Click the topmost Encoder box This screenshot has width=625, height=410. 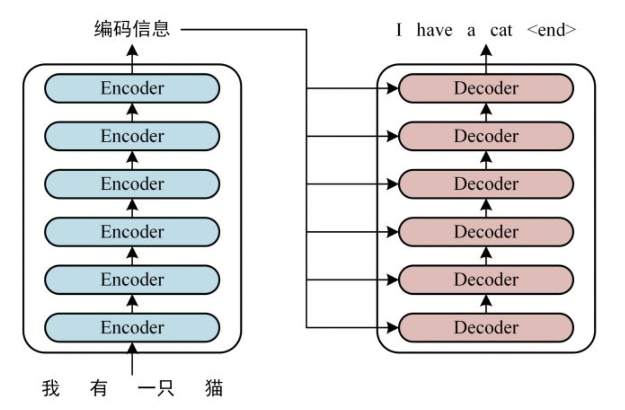tap(132, 88)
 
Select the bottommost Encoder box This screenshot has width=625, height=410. tap(132, 327)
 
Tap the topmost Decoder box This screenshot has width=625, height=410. tap(486, 88)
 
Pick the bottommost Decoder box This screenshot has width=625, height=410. tap(486, 327)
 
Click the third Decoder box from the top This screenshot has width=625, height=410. tap(486, 184)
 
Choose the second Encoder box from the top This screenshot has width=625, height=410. tap(132, 136)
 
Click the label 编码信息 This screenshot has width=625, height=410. tap(132, 29)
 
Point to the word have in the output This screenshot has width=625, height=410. tap(434, 30)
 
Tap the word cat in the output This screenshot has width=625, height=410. tap(501, 31)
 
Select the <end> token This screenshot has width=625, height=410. tap(551, 30)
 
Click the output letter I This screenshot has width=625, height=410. tap(399, 30)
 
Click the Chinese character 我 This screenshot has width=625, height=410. tap(51, 388)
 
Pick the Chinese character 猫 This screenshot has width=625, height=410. tap(214, 388)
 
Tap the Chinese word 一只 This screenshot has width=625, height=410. tap(156, 388)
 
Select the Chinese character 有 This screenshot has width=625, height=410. tap(99, 388)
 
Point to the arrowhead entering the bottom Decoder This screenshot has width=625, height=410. tap(392, 327)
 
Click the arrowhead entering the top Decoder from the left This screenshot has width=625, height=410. tap(392, 88)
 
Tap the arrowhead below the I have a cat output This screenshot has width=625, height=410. tap(486, 50)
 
